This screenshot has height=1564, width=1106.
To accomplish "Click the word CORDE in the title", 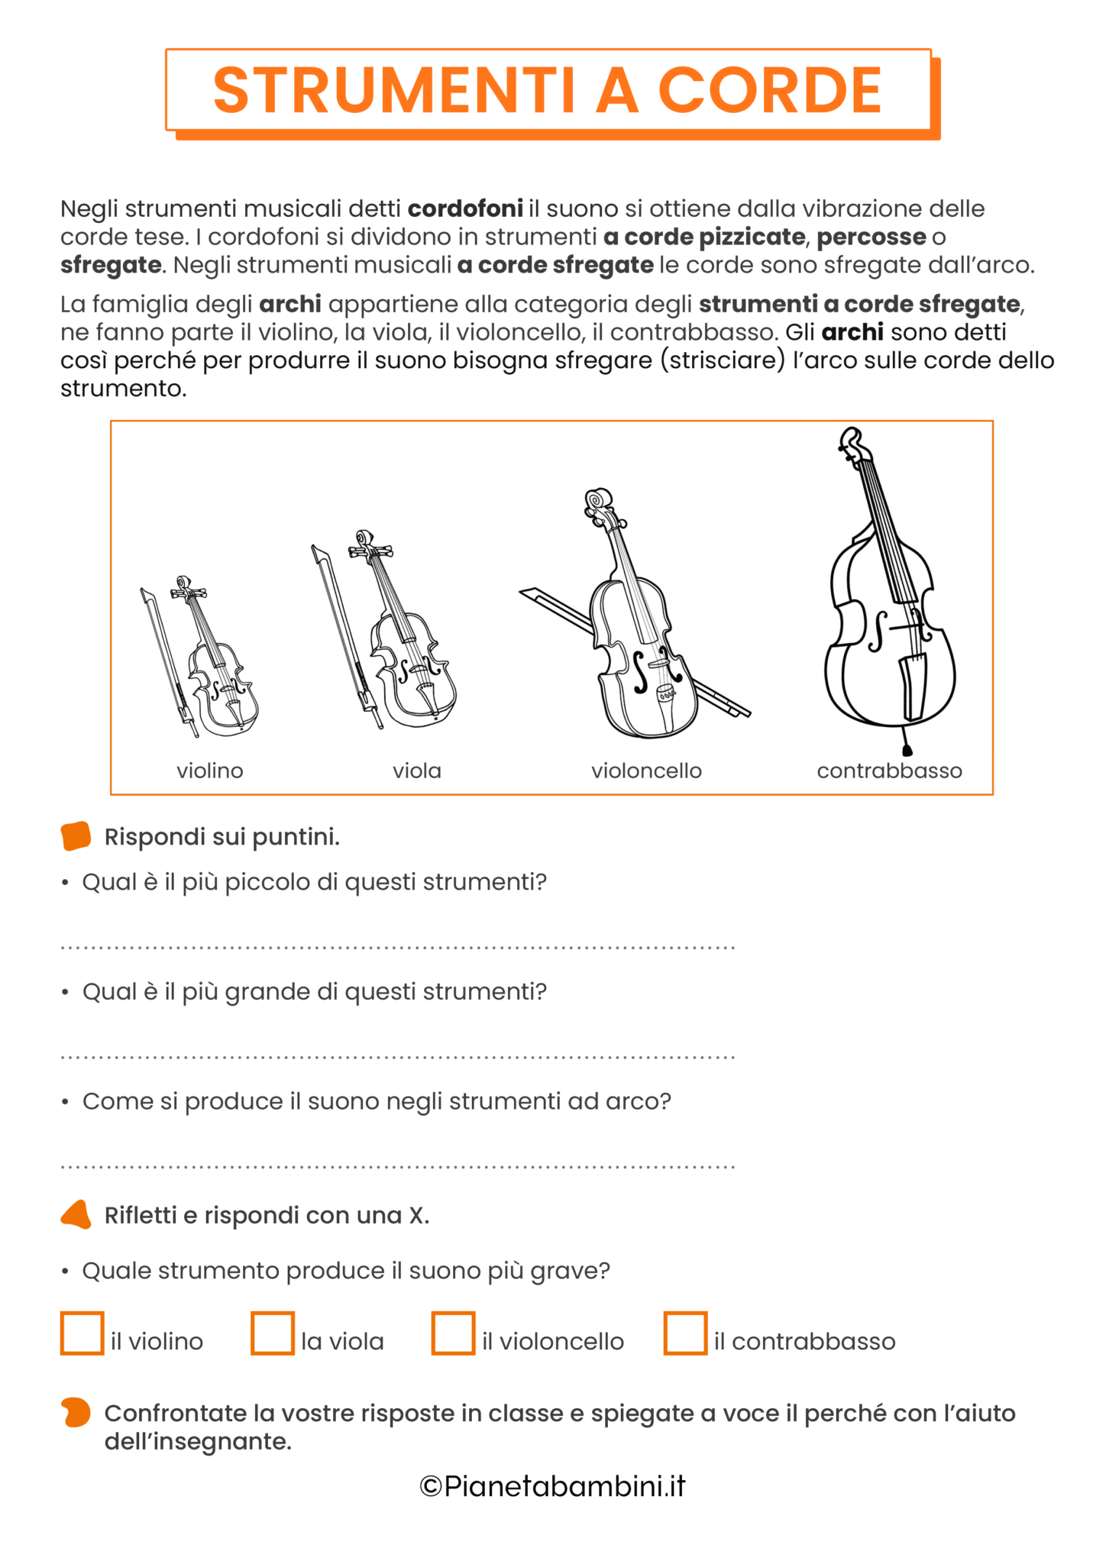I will (x=769, y=90).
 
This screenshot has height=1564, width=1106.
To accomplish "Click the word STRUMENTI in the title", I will (x=393, y=90).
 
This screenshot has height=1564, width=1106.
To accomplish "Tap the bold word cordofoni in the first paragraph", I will (x=465, y=208).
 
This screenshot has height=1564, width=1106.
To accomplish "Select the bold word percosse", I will (x=871, y=237).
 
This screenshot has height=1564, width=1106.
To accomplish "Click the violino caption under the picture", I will (x=210, y=771).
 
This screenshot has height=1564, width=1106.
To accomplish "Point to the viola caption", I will (x=417, y=771).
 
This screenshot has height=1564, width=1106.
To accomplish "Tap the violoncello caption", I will (x=646, y=771).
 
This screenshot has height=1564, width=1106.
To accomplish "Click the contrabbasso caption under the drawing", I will (x=889, y=771).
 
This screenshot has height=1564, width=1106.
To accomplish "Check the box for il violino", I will (x=82, y=1333).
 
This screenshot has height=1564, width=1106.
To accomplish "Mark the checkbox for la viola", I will (x=273, y=1333).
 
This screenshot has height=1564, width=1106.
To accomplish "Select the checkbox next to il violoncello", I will (x=453, y=1333).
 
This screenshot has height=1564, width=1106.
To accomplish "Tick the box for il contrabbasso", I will (x=685, y=1333).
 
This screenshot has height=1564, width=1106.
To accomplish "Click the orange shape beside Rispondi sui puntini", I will (x=76, y=836).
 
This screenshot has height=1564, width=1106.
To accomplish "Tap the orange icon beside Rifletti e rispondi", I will (x=76, y=1215).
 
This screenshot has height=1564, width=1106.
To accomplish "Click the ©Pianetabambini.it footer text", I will (x=552, y=1486).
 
